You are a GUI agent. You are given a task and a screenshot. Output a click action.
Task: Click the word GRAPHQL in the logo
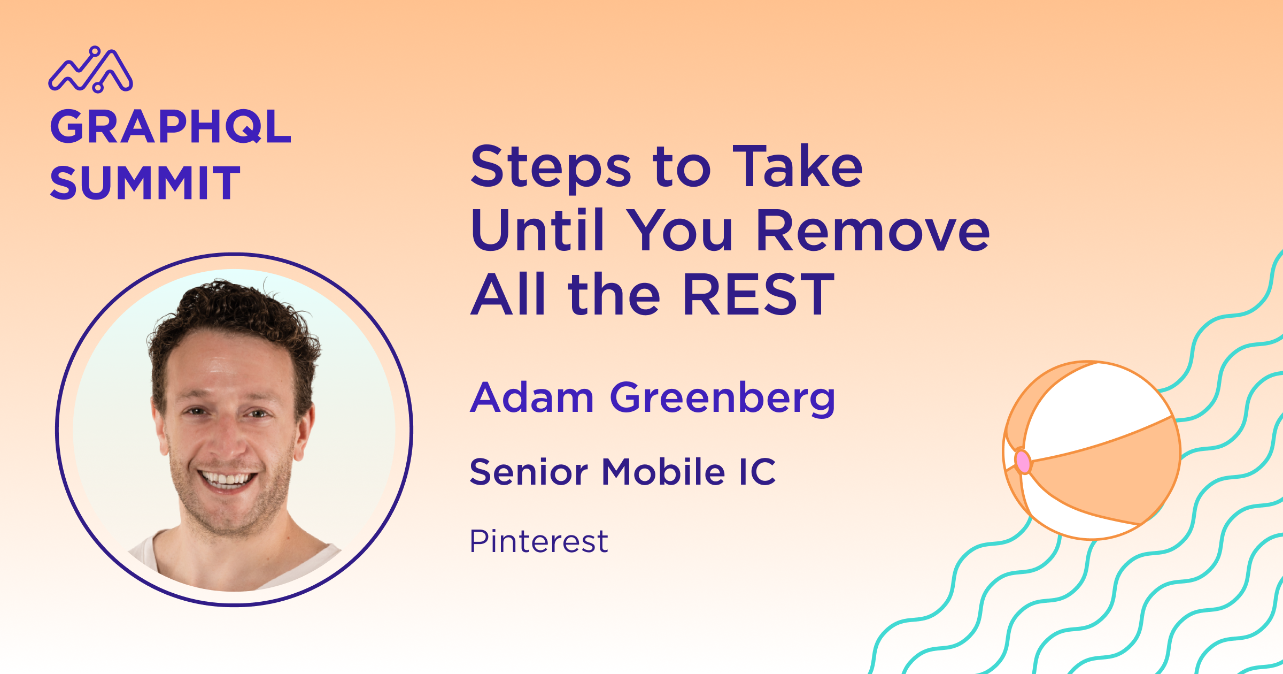pyautogui.click(x=171, y=127)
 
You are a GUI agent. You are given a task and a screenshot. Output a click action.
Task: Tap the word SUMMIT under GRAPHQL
pyautogui.click(x=145, y=183)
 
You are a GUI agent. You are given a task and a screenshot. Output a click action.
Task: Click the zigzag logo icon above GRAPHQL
pyautogui.click(x=90, y=70)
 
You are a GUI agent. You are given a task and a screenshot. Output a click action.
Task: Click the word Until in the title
pyautogui.click(x=537, y=230)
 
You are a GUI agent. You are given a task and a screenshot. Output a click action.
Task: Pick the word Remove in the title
pyautogui.click(x=874, y=230)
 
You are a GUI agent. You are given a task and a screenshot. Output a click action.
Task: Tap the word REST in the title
pyautogui.click(x=759, y=294)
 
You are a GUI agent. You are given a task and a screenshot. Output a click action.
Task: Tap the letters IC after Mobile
pyautogui.click(x=758, y=472)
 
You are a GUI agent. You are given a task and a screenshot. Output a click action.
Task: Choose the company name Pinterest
pyautogui.click(x=539, y=541)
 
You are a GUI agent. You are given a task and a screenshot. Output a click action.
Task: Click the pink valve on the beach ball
pyautogui.click(x=1023, y=461)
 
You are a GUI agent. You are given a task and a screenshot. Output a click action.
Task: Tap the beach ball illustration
pyautogui.click(x=1091, y=450)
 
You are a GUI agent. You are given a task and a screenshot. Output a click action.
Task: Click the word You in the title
pyautogui.click(x=680, y=230)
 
